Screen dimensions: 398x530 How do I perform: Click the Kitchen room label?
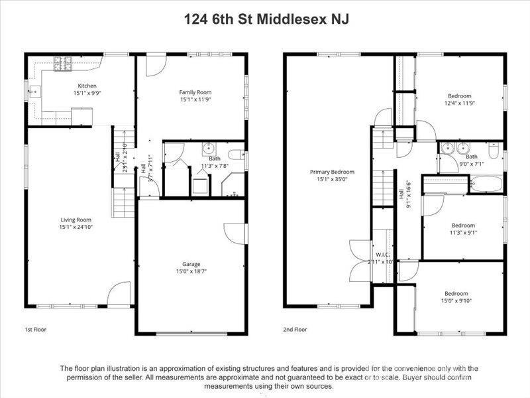[x=87, y=86]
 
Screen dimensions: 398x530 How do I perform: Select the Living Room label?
[x=76, y=220]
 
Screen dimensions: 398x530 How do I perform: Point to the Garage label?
[x=191, y=264]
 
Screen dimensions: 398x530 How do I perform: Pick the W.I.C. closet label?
[x=382, y=254]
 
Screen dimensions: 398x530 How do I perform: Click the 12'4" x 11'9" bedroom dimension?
[x=459, y=103]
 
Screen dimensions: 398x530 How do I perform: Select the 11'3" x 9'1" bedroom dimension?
[x=463, y=232]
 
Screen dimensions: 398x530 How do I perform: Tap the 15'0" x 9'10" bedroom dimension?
[x=456, y=300]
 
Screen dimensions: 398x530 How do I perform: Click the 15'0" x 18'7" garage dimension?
[x=191, y=271]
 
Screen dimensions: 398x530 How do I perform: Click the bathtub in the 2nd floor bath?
[x=486, y=184]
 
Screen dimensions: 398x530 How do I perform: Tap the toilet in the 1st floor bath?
[x=234, y=157]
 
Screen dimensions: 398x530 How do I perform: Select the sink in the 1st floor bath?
[x=208, y=148]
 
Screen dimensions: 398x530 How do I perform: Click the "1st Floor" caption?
[x=35, y=329]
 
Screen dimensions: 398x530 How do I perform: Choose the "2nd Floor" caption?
[x=295, y=329]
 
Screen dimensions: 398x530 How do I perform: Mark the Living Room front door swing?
[x=119, y=294]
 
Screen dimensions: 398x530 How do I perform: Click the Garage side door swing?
[x=234, y=232]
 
